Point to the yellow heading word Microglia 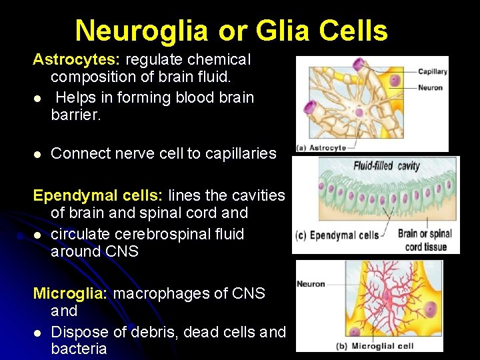pyautogui.click(x=70, y=293)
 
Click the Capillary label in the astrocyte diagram pyautogui.click(x=432, y=72)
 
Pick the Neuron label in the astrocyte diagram pyautogui.click(x=430, y=87)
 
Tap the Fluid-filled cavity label pyautogui.click(x=387, y=165)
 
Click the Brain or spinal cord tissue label pyautogui.click(x=425, y=239)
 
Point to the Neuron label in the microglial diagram pyautogui.click(x=311, y=284)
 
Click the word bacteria pyautogui.click(x=79, y=349)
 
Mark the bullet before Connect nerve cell pyautogui.click(x=38, y=154)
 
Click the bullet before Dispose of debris pyautogui.click(x=38, y=332)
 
